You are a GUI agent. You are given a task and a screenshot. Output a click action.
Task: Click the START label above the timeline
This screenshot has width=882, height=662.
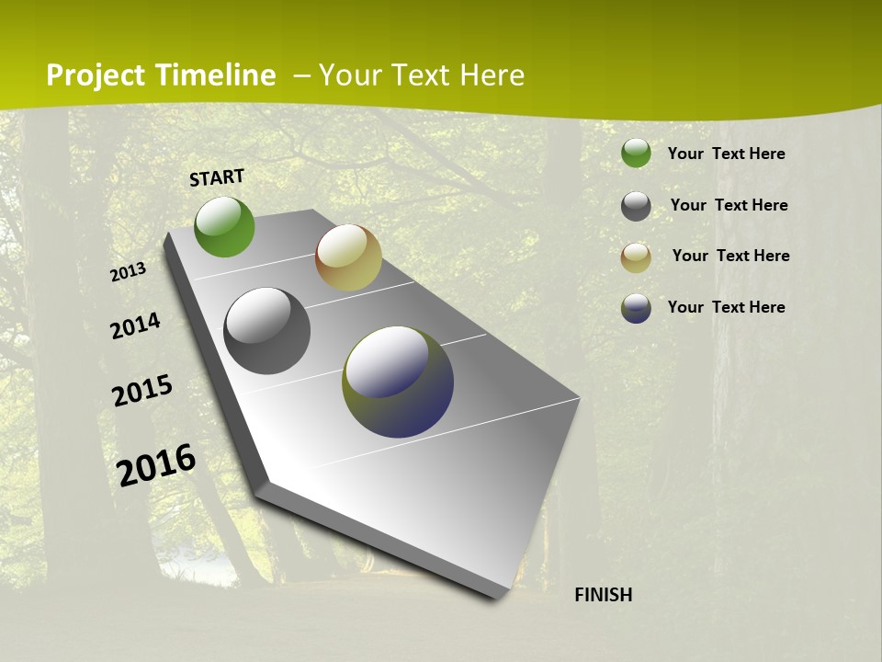coord(217,177)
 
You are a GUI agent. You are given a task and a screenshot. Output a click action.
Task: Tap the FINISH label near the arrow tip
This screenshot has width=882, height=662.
coord(604,595)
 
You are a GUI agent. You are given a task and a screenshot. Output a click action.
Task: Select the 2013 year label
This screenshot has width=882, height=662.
coord(129,272)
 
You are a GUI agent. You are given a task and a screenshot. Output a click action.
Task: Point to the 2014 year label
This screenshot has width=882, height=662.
coord(135,325)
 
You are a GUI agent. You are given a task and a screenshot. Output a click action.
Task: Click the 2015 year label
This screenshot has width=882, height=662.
coord(142,390)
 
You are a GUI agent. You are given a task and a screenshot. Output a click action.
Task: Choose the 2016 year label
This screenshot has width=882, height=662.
coord(156,464)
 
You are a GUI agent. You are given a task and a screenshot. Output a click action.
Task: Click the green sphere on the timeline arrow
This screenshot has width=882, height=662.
coord(224,226)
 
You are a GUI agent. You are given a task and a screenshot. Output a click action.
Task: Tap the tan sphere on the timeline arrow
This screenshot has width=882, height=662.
coord(348,257)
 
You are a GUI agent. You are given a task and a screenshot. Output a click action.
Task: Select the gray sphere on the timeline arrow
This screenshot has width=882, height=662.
coord(267,331)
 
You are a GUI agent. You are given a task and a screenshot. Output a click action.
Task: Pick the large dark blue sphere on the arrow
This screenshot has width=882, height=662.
coord(398,382)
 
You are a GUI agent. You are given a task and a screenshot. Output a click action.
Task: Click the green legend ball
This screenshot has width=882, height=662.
coord(636,153)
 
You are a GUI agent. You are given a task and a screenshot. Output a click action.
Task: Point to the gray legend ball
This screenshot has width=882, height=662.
coord(636,206)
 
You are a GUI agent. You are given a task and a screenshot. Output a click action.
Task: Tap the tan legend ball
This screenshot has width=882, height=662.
coord(636,257)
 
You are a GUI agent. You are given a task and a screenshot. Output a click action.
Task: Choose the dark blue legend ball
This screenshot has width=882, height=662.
coord(636,308)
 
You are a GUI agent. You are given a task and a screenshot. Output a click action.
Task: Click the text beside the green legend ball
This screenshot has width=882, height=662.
coord(726,154)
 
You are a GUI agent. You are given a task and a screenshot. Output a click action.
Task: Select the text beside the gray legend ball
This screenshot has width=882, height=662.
coord(729,205)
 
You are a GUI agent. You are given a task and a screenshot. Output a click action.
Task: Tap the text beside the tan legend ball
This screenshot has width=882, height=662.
coord(730,256)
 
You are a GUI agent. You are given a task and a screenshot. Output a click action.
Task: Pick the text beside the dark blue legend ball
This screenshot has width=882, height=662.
coord(726,307)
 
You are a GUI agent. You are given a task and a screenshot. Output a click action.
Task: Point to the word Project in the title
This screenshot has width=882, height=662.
coord(96,75)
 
